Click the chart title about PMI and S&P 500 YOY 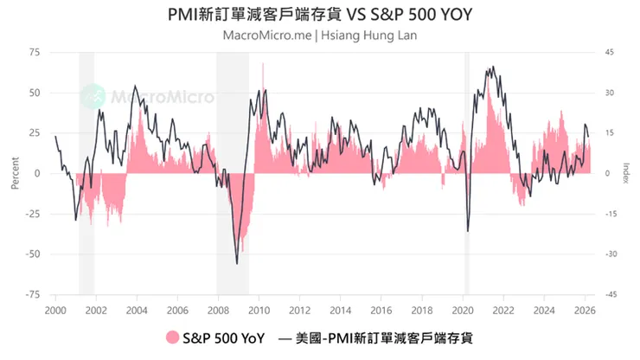pyautogui.click(x=321, y=16)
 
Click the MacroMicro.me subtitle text pyautogui.click(x=321, y=36)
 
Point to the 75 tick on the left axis pyautogui.click(x=35, y=52)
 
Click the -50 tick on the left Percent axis pyautogui.click(x=33, y=254)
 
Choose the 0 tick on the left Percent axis pyautogui.click(x=38, y=173)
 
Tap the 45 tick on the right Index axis pyautogui.click(x=609, y=52)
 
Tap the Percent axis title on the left pyautogui.click(x=15, y=173)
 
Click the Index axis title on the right pyautogui.click(x=625, y=173)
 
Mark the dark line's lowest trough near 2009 pyautogui.click(x=237, y=263)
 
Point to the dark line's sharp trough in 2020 pyautogui.click(x=467, y=231)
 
